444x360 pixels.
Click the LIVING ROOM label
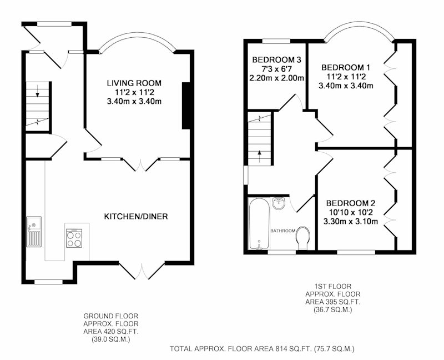[134, 83]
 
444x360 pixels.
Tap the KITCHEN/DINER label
[136, 217]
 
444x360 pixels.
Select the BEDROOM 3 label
[276, 60]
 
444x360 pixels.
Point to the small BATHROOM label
[283, 231]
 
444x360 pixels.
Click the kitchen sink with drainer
[34, 232]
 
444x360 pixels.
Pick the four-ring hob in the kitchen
[74, 238]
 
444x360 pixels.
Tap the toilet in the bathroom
[302, 238]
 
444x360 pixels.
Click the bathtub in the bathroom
[259, 224]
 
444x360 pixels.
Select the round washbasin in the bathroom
[279, 203]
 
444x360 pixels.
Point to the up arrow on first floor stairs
[259, 156]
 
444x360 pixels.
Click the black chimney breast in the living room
[186, 106]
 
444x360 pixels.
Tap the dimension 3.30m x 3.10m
[351, 221]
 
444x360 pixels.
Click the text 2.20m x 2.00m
[276, 78]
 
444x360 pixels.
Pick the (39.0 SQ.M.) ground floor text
[110, 339]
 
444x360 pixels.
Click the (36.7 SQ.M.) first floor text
[332, 309]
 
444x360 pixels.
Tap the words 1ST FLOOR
[332, 287]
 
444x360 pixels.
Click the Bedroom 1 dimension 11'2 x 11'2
[346, 77]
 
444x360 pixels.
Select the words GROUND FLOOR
[110, 316]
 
